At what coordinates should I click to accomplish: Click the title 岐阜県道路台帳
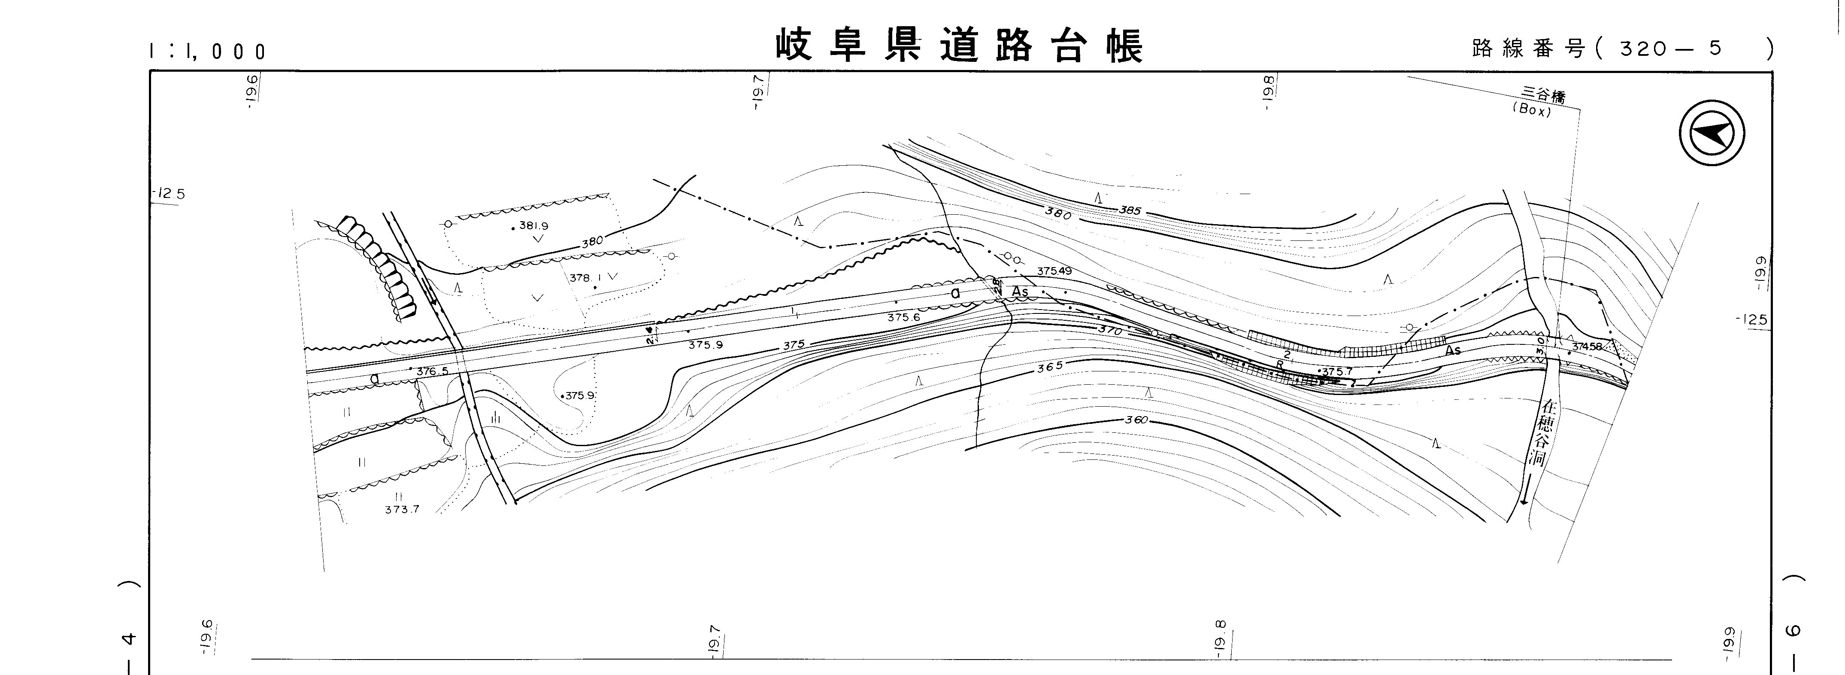[959, 46]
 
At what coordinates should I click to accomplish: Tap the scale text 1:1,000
[208, 52]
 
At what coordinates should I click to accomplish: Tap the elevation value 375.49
[1054, 271]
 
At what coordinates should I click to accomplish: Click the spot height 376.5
[432, 371]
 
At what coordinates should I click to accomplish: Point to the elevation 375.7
[1336, 372]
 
